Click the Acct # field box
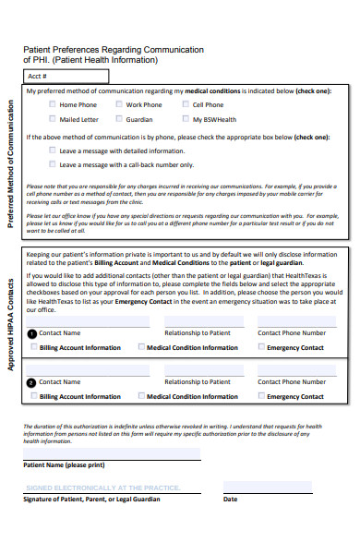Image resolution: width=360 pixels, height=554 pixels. pos(66,77)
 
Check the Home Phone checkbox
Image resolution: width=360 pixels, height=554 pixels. pos(52,105)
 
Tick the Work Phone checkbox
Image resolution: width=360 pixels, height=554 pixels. pos(119,105)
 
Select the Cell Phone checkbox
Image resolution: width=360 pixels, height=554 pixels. pos(185,105)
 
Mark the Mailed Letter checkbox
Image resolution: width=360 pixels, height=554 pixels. pos(52,120)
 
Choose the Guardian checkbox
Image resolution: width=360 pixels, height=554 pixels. pos(119,120)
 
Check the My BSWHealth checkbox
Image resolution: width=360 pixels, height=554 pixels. pos(185,120)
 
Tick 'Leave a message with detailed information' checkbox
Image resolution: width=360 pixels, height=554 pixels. pos(52,151)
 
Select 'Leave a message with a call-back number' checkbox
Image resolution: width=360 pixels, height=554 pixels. pos(52,165)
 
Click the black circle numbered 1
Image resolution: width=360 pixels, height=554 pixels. pos(33,333)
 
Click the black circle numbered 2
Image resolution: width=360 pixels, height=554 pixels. pos(33,381)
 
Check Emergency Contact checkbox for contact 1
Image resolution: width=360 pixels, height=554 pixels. pos(261,347)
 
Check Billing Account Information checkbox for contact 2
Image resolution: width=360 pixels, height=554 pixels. pos(34,395)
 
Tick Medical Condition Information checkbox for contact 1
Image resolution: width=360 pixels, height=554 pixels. pos(141,347)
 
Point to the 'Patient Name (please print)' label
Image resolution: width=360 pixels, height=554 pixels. pos(63,465)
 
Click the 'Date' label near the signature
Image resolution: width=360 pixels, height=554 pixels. pos(230,499)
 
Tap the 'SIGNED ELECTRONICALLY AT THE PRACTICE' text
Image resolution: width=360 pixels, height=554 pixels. pos(101,487)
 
